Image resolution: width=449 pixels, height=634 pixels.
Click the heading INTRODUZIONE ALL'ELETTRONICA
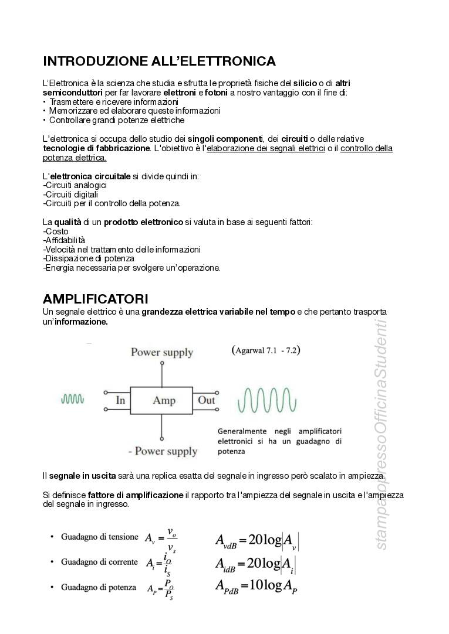click(x=160, y=62)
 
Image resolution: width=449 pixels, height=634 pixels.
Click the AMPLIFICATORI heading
click(x=96, y=299)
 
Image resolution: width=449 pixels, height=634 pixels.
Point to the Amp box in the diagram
click(x=164, y=401)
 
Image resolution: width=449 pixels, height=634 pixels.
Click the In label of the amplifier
click(x=120, y=401)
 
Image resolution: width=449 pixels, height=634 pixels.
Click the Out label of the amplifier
click(x=207, y=401)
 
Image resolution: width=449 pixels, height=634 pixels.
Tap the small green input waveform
click(x=73, y=399)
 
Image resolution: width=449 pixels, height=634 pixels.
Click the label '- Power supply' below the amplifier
click(x=163, y=451)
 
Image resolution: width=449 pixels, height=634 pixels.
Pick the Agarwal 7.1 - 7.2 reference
click(x=266, y=350)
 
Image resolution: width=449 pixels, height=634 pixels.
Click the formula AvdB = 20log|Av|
click(x=256, y=540)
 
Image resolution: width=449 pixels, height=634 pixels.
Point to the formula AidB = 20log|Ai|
click(x=255, y=564)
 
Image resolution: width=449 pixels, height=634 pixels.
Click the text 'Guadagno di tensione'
click(x=99, y=537)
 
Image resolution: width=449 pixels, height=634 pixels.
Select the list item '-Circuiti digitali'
click(x=70, y=195)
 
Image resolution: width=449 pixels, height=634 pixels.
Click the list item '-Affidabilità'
click(x=64, y=240)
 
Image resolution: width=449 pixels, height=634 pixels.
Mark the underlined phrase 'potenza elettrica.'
click(x=75, y=158)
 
